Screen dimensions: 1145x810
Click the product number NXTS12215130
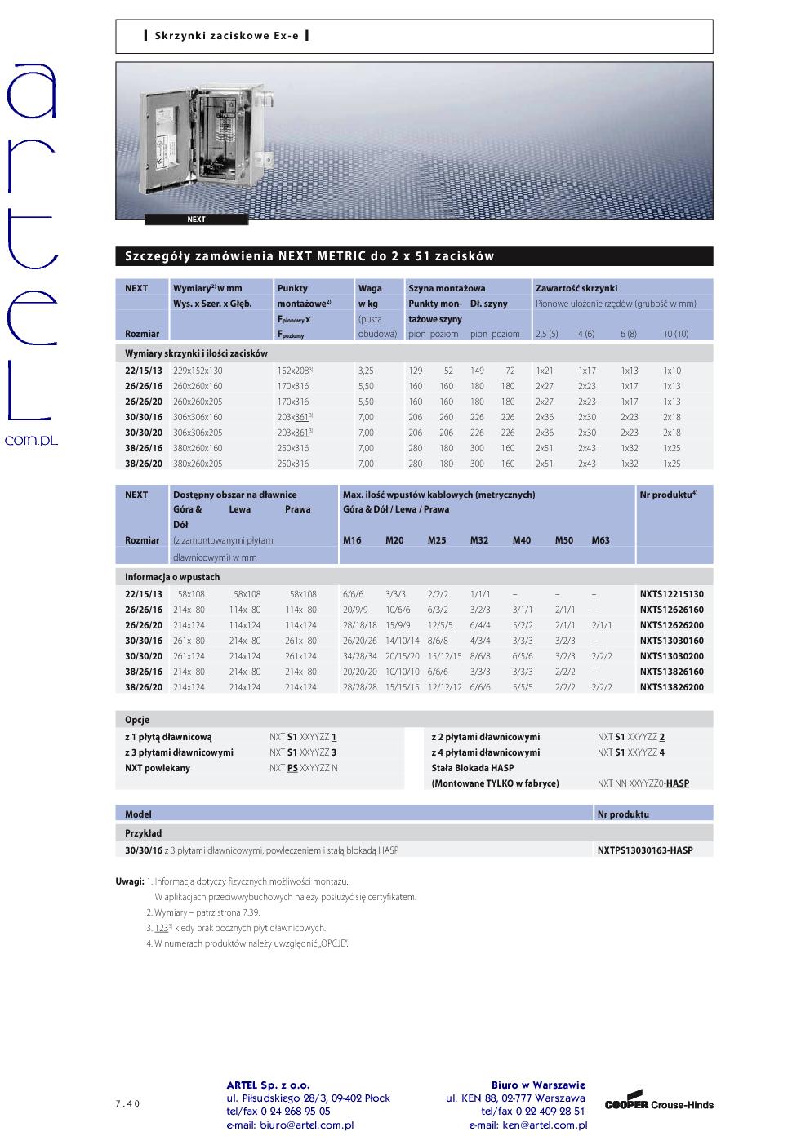point(671,594)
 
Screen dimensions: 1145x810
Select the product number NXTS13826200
point(671,687)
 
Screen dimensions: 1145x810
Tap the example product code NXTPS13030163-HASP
point(644,850)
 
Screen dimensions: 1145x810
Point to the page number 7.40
point(127,1103)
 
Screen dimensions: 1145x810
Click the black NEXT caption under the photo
point(196,220)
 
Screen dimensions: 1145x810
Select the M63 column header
point(600,540)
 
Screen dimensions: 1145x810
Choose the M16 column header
point(352,540)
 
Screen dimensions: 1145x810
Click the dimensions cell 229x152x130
point(198,371)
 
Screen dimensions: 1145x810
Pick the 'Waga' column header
point(369,288)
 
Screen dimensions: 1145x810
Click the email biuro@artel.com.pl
point(290,1125)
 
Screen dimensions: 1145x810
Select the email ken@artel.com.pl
point(527,1125)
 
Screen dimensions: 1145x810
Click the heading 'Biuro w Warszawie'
point(538,1085)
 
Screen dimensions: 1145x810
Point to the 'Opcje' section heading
point(137,720)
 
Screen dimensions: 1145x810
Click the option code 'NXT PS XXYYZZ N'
point(303,768)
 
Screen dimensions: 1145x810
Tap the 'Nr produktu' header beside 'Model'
point(623,814)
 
